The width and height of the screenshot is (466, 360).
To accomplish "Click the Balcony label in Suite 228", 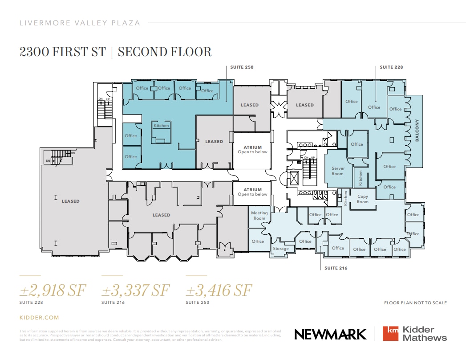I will [417, 131].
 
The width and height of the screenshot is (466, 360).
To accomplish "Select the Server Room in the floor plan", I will [338, 171].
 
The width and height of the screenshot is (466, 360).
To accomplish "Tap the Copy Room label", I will [363, 199].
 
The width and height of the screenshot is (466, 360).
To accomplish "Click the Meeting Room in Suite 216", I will [259, 216].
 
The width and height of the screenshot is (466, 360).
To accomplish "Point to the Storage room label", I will [281, 249].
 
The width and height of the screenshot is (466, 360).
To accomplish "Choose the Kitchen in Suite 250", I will [161, 126].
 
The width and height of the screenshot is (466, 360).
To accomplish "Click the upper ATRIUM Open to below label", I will [252, 149].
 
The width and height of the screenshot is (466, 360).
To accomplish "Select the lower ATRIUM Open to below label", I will [252, 192].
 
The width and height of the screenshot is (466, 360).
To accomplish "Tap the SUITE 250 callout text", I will [242, 67].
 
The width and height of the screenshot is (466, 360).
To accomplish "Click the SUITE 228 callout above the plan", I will [391, 67].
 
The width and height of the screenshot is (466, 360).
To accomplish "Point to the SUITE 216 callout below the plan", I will [336, 268].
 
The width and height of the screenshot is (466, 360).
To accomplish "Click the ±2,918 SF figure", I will [53, 290].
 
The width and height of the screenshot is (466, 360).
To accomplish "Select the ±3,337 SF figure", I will [136, 290].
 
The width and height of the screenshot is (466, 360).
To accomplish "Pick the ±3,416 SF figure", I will [219, 290].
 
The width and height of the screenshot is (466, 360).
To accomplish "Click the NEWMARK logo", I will [330, 334].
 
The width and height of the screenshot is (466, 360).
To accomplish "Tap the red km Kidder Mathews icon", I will [391, 334].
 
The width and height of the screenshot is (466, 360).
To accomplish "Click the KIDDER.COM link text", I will [39, 318].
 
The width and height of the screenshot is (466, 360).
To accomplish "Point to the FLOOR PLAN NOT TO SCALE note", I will [415, 303].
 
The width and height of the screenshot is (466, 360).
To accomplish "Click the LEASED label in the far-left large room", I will [70, 201].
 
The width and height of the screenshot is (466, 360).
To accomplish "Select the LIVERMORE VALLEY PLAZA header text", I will [80, 23].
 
